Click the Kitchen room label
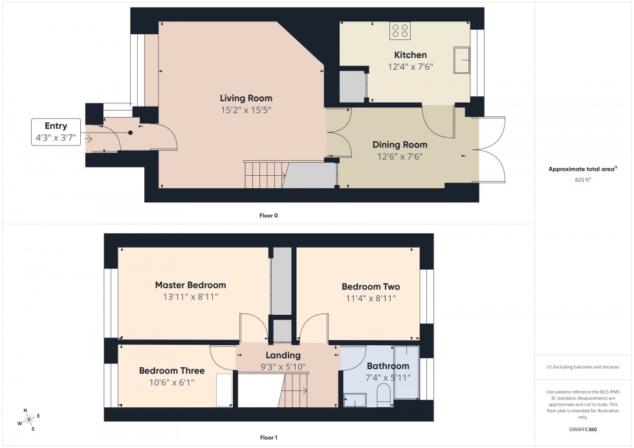point(410,55)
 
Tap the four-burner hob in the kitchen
point(400,30)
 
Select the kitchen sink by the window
point(463,59)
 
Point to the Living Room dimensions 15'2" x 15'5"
point(246,110)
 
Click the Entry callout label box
point(56,131)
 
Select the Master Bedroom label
point(190,285)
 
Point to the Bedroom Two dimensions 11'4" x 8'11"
point(371,298)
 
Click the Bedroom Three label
point(171,371)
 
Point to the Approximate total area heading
point(582,169)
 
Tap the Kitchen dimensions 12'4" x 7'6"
point(410,67)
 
